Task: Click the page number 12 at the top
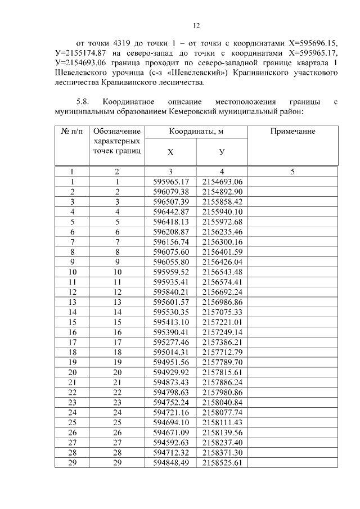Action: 196,25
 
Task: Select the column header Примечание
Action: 292,131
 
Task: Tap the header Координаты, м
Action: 196,131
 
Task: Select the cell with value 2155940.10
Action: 222,211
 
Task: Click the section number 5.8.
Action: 83,102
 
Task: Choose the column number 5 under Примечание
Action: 292,172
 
